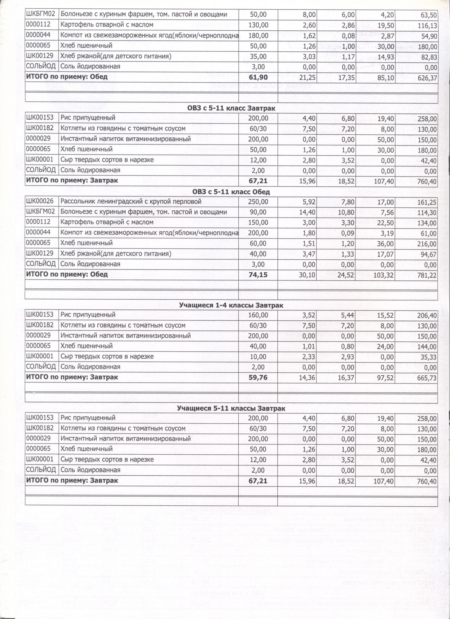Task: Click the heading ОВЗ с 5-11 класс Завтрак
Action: coord(231,108)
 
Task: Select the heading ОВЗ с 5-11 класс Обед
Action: coord(231,192)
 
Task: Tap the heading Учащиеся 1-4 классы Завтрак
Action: coord(231,305)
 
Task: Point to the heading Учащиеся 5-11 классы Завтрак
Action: coord(231,409)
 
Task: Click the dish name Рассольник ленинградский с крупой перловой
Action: coord(131,202)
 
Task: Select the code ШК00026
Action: coord(40,201)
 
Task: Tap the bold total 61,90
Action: coord(258,77)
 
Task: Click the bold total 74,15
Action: coord(258,275)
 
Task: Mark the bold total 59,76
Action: coord(258,377)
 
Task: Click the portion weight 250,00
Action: coord(258,202)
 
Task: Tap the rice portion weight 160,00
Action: coord(258,315)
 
